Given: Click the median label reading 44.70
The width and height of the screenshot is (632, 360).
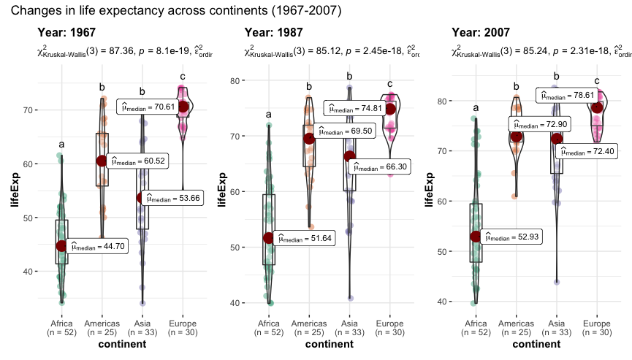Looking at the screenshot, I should pos(99,247).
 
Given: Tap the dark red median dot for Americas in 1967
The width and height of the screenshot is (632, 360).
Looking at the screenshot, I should pos(101,161).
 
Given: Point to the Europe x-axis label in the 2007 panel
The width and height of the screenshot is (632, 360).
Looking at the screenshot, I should pos(597,323).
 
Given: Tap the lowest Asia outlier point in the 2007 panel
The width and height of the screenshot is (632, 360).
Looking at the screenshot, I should pos(557,282).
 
